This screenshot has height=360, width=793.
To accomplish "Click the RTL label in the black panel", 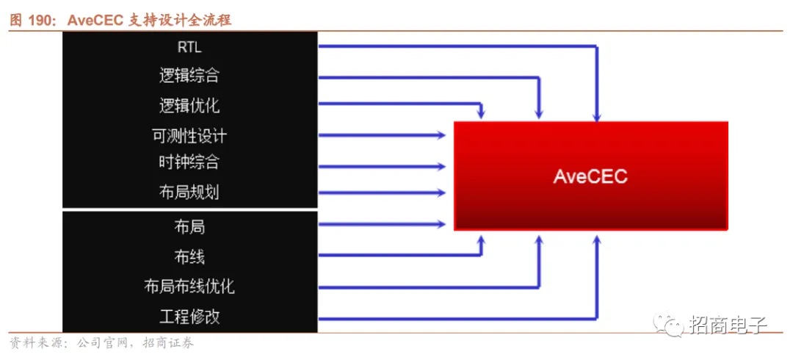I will [189, 47].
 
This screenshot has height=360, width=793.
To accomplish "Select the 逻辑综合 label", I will [189, 76].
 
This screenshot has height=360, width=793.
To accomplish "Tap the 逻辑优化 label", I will [189, 106].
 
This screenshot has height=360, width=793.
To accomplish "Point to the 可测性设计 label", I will [189, 136].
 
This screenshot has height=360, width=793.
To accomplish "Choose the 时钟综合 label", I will [189, 162].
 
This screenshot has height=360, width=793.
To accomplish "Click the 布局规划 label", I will [189, 192].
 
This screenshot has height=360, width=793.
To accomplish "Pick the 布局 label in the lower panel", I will [189, 226].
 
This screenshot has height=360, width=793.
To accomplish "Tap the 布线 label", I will [189, 256].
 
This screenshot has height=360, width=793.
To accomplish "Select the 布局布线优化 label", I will [189, 286].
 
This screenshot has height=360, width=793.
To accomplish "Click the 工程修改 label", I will [189, 317].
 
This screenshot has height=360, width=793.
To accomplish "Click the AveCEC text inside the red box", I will [590, 176].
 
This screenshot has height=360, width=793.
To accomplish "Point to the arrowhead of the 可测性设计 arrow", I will [441, 135].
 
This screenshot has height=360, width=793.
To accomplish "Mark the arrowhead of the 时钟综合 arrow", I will [441, 165].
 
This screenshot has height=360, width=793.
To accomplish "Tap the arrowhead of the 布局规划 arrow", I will [441, 193].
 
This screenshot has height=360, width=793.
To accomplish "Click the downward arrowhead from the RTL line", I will [598, 115].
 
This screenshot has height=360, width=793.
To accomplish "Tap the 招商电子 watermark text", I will [728, 324].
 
